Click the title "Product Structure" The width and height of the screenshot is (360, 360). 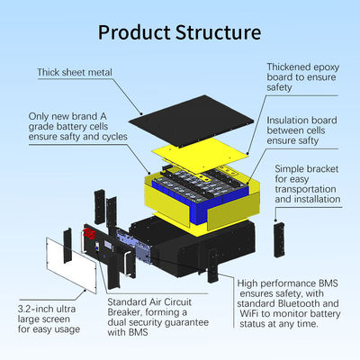[x=179, y=32]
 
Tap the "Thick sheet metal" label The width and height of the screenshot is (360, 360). [x=75, y=72]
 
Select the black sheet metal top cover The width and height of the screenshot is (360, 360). [x=191, y=121]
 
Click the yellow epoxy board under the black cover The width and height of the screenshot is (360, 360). [x=200, y=155]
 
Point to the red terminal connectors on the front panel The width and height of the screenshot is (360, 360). [x=89, y=234]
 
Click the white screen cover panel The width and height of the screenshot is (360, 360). [x=71, y=265]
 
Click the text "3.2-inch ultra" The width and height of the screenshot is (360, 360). [x=47, y=309]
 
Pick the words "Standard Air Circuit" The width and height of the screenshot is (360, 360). [x=149, y=302]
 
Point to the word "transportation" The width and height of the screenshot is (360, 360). [x=305, y=189]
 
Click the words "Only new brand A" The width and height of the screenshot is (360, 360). [x=67, y=116]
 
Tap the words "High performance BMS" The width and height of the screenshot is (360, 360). [x=287, y=283]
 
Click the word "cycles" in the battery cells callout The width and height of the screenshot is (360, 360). [x=115, y=137]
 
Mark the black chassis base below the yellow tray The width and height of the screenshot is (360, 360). [x=195, y=246]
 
